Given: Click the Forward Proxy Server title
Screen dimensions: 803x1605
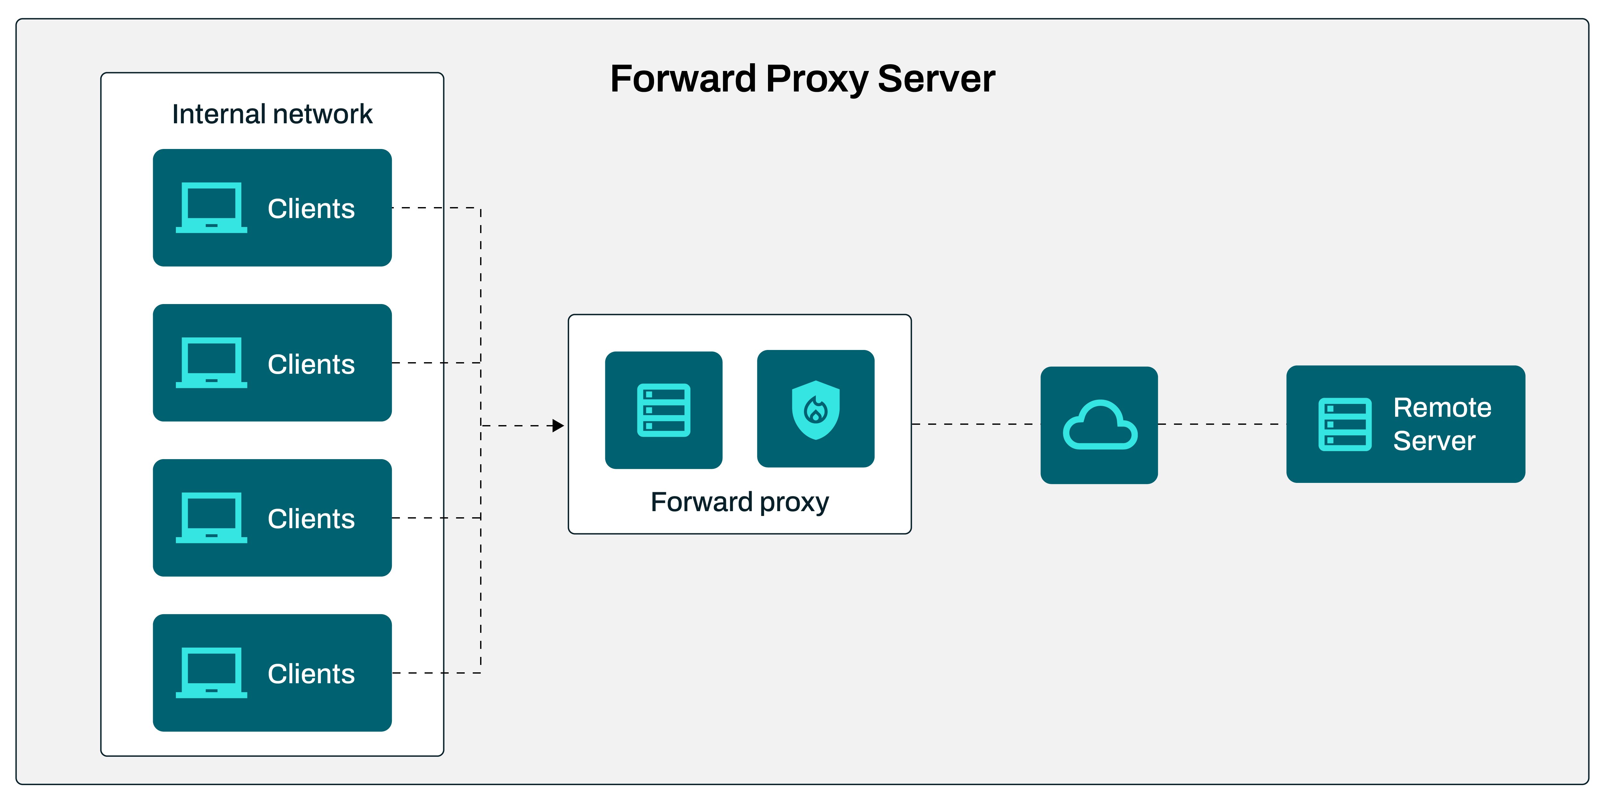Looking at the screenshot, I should point(802,79).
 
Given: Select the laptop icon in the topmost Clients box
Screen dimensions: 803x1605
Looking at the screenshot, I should point(211,208).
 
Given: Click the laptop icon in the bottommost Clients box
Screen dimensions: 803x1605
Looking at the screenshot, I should point(211,673).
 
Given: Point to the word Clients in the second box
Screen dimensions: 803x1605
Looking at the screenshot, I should point(311,364).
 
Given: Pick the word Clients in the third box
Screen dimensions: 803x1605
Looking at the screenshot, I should point(311,519).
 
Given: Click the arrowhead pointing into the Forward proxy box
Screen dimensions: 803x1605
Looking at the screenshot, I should point(558,426).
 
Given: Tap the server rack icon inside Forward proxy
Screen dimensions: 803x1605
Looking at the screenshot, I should point(664,410).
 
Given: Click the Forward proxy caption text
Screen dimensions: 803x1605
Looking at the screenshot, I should point(739,502).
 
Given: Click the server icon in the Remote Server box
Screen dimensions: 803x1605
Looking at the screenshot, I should point(1345,424).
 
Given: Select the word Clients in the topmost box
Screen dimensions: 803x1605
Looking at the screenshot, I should point(311,209).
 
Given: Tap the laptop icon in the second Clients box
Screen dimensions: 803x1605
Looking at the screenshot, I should point(211,363).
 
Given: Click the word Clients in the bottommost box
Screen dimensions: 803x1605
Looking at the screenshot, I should point(311,674).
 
